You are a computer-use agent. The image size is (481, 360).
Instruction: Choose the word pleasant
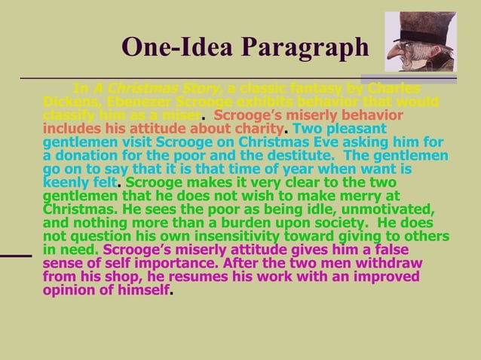[x=355, y=129]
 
